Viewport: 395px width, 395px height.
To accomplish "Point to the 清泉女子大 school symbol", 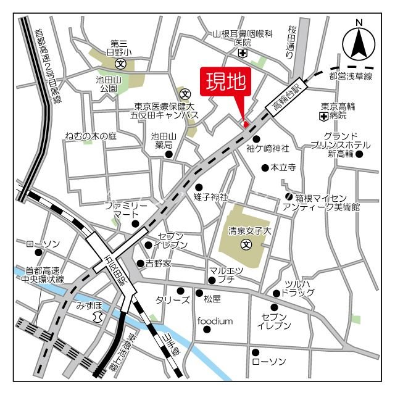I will coord(246,244).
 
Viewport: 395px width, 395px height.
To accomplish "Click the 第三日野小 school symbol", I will coord(121,62).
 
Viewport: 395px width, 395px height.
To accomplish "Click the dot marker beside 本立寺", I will coord(265,167).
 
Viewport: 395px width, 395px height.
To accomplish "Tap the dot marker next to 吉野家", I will coord(140,264).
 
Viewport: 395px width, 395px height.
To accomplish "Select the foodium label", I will coord(215,321).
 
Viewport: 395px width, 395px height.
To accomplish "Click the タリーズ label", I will coord(172,300).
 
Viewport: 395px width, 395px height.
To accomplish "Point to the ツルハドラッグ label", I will coord(298,287).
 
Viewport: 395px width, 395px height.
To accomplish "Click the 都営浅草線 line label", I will coord(351,77).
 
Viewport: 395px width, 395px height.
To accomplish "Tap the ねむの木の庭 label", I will coord(91,136).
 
